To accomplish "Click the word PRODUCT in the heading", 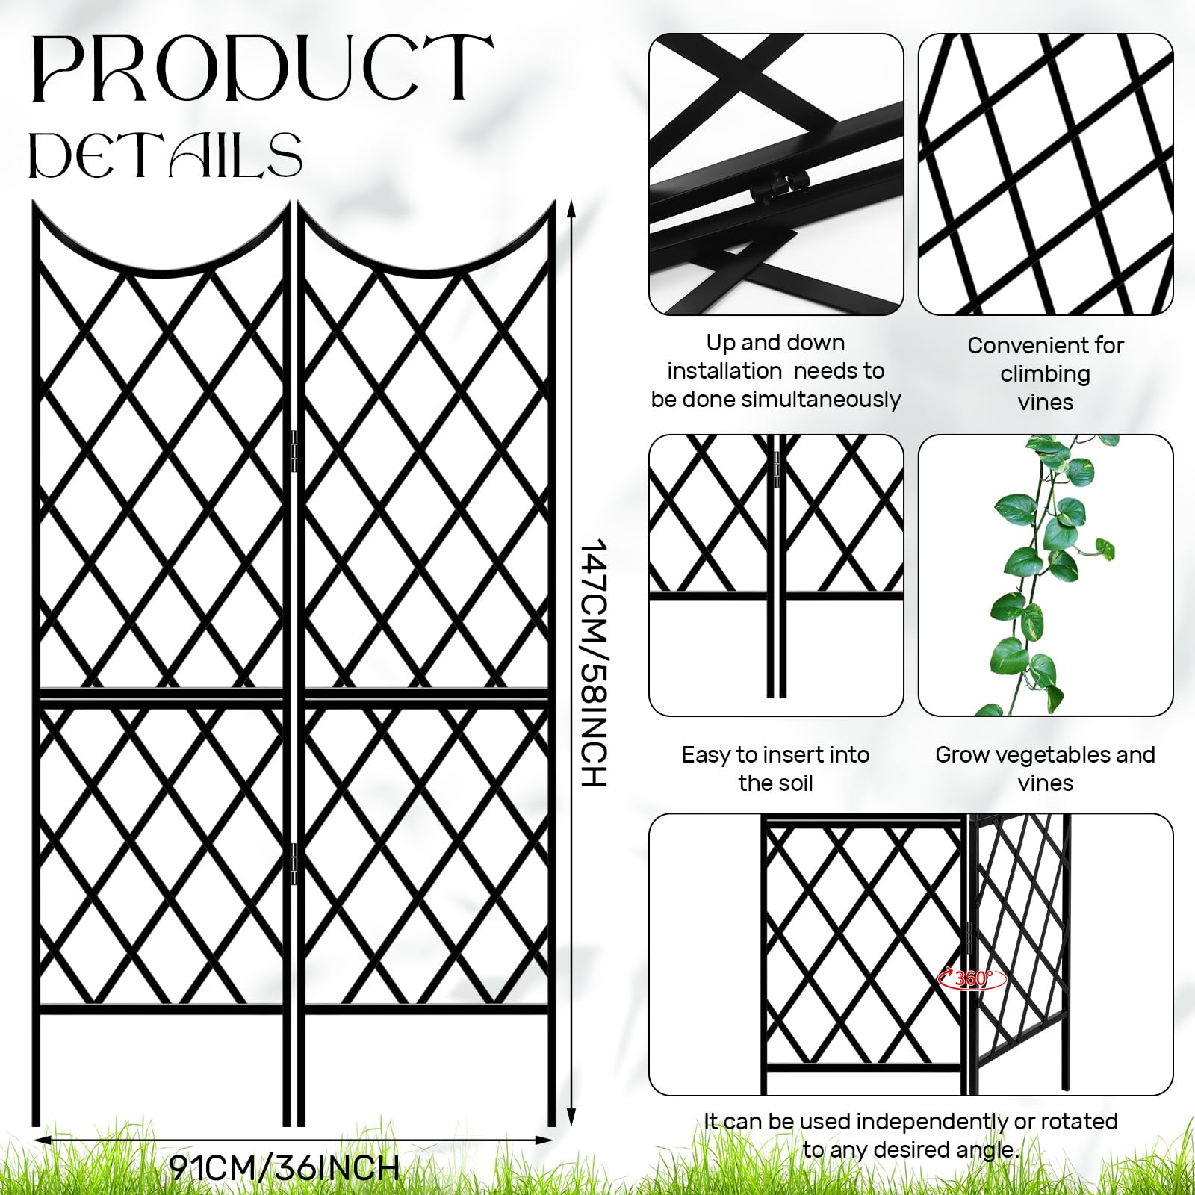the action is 262,69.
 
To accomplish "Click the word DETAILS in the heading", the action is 165,155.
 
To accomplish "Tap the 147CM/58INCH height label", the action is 594,662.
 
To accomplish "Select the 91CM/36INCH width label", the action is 285,1167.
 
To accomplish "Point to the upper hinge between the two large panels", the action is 293,451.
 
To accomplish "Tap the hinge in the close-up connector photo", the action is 781,187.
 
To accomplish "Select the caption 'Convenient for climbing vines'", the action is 1046,373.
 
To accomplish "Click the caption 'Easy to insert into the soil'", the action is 775,769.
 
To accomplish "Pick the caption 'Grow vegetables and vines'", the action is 1045,769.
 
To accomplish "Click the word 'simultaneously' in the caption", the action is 825,400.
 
